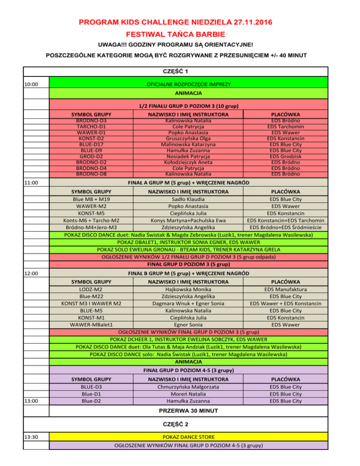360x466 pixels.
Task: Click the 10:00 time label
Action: pos(32,85)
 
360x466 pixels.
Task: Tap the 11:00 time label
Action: pos(32,182)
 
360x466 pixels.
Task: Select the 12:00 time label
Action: pos(32,273)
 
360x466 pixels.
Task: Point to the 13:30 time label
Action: pos(32,437)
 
